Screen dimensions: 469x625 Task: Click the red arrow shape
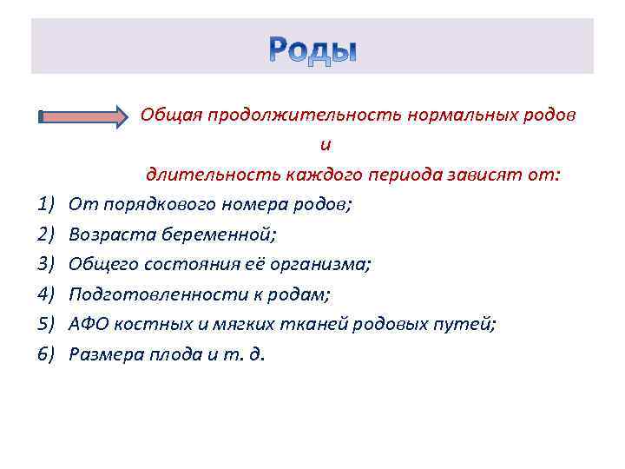point(83,116)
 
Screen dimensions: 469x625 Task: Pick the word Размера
point(105,353)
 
